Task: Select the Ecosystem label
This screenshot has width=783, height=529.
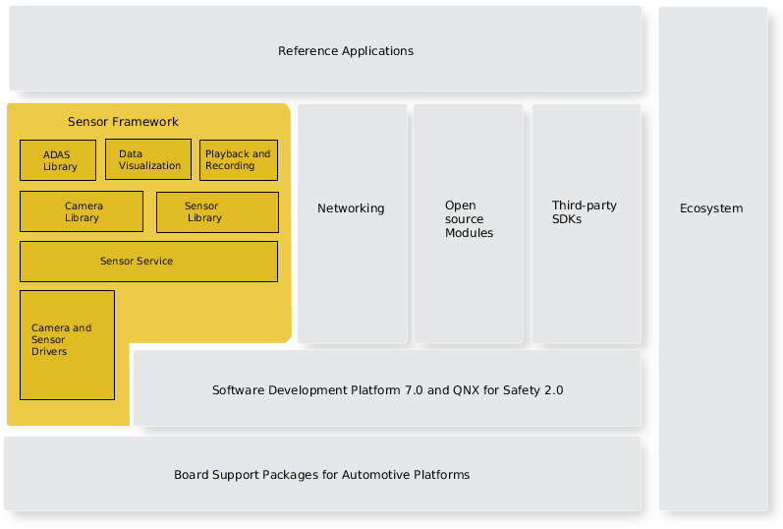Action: [x=711, y=208]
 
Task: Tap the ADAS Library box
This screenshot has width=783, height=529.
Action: [x=58, y=160]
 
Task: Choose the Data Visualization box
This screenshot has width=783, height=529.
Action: [x=148, y=160]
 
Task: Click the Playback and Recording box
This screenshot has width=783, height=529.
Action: [x=238, y=160]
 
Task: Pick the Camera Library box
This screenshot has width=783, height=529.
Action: [x=82, y=212]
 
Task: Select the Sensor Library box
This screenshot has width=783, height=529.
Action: [x=217, y=212]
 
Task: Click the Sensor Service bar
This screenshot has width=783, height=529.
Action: [x=148, y=262]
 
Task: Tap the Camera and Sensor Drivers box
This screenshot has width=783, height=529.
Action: [x=67, y=345]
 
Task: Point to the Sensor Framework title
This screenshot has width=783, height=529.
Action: [x=123, y=122]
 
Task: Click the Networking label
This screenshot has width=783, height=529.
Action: [x=351, y=208]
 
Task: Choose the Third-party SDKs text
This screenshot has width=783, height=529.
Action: [x=584, y=212]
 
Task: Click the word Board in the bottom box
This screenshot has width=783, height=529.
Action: [x=192, y=475]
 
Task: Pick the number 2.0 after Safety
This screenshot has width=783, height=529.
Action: [x=553, y=390]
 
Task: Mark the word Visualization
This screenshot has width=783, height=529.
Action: [x=149, y=166]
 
